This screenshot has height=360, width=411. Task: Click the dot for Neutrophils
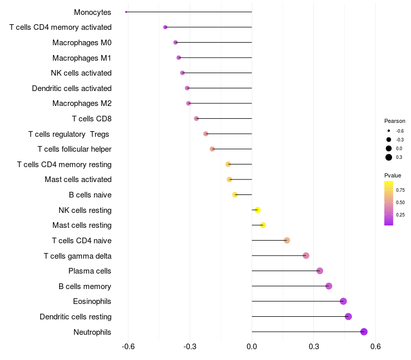pyautogui.click(x=364, y=332)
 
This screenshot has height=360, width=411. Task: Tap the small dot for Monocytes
pyautogui.click(x=126, y=12)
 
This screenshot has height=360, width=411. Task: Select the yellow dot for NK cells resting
pyautogui.click(x=258, y=210)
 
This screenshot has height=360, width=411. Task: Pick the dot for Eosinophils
pyautogui.click(x=343, y=301)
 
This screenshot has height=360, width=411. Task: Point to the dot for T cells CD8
pyautogui.click(x=196, y=119)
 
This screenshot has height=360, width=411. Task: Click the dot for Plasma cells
pyautogui.click(x=320, y=271)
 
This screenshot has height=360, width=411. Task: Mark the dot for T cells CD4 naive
pyautogui.click(x=287, y=240)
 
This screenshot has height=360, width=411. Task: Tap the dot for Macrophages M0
pyautogui.click(x=176, y=43)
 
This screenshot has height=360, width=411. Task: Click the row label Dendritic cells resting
pyautogui.click(x=76, y=317)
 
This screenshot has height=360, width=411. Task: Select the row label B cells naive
pyautogui.click(x=90, y=195)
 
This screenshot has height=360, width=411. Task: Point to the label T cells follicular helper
pyautogui.click(x=74, y=149)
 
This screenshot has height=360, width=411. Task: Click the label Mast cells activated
pyautogui.click(x=78, y=179)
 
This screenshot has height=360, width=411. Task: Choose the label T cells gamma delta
pyautogui.click(x=78, y=256)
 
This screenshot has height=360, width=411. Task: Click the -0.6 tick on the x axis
pyautogui.click(x=128, y=347)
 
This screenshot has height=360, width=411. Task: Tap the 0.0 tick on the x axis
pyautogui.click(x=252, y=347)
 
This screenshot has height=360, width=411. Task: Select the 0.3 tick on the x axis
pyautogui.click(x=313, y=347)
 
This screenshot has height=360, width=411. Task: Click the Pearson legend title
pyautogui.click(x=395, y=121)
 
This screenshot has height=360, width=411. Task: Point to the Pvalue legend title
pyautogui.click(x=393, y=175)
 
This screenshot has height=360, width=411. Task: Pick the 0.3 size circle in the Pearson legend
pyautogui.click(x=389, y=157)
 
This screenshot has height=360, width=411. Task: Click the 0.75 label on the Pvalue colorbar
pyautogui.click(x=401, y=190)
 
